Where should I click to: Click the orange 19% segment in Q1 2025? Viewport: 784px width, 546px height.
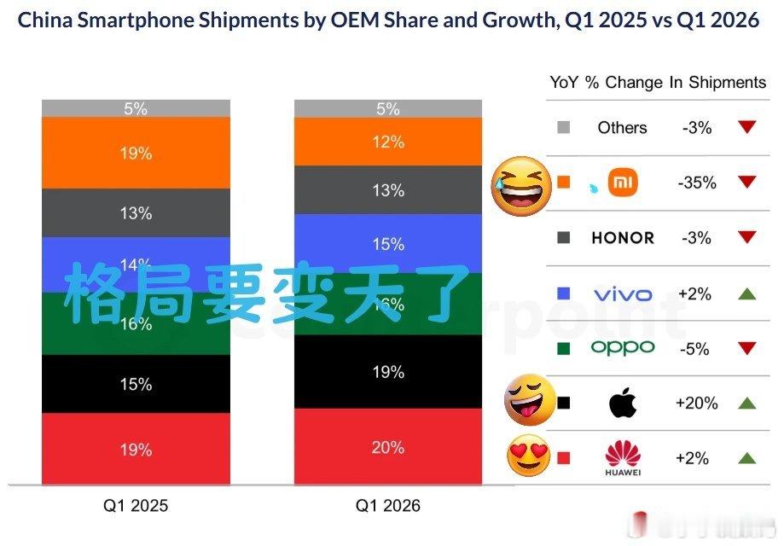pos(136,153)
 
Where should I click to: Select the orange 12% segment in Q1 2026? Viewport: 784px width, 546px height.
pos(388,142)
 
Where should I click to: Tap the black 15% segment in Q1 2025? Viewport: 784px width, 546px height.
pos(136,384)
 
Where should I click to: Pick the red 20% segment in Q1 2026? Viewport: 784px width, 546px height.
pos(388,446)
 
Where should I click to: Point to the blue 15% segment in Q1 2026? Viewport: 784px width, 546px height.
pos(388,244)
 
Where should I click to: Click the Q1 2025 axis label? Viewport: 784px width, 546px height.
pos(136,506)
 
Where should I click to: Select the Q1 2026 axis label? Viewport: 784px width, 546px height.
pos(388,506)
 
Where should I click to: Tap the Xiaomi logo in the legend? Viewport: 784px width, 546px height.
pos(622,182)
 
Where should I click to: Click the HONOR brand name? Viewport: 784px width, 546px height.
pos(622,238)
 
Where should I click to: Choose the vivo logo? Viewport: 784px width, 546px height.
pos(622,294)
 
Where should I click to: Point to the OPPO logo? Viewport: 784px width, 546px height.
pos(622,347)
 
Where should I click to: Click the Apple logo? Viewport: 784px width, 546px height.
pos(622,404)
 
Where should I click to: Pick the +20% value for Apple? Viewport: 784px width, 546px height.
pos(696,404)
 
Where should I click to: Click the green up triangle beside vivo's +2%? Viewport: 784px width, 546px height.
pos(747,294)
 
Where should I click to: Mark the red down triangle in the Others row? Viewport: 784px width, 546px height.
pos(747,127)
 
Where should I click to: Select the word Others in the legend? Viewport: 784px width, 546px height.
pos(622,127)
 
